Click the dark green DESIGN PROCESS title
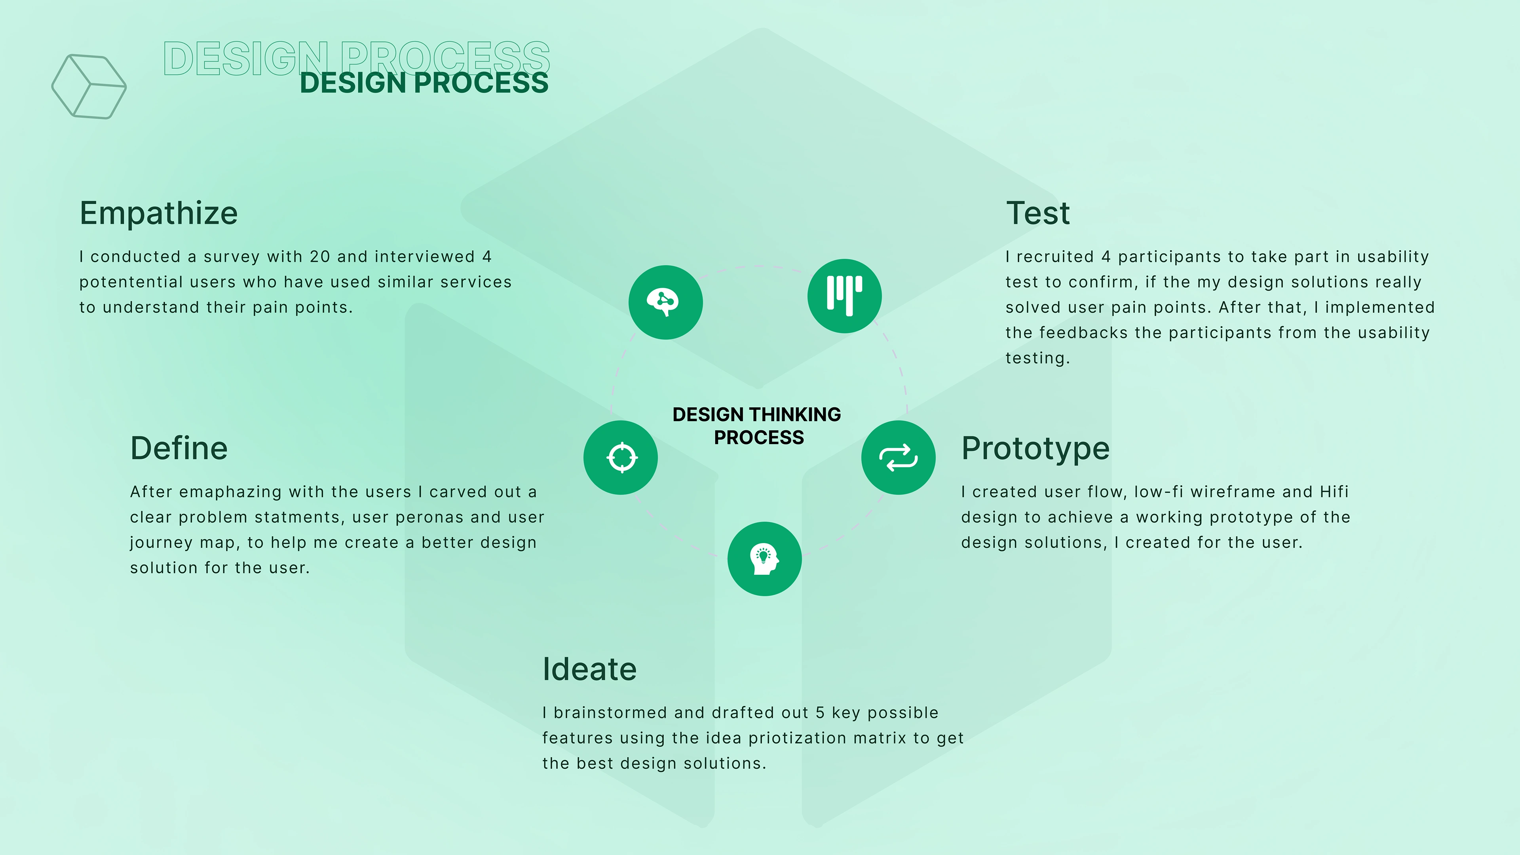coord(424,83)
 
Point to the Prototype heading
coord(1035,448)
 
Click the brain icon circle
coord(665,302)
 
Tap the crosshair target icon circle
coord(621,457)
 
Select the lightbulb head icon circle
coord(765,559)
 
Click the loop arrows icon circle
coord(899,457)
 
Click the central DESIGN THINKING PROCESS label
coord(757,426)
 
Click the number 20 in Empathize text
coord(320,256)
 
